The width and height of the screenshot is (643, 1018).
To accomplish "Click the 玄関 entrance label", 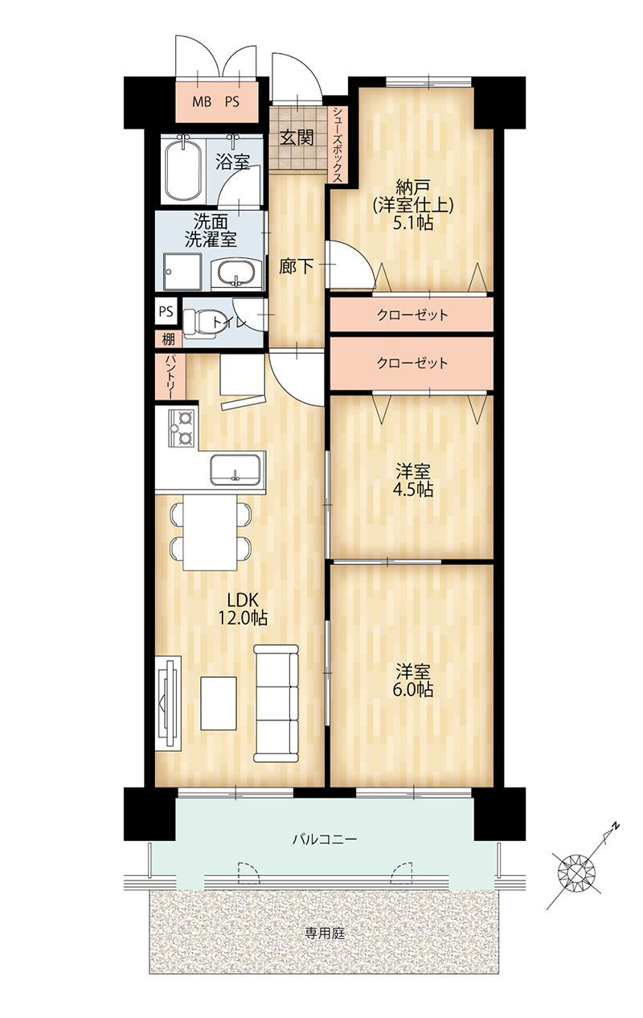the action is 297,138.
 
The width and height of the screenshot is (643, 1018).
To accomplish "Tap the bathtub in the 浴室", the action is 182,170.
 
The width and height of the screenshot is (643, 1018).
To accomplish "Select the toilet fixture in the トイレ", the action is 200,323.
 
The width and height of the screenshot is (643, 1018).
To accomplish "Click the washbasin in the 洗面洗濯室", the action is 236,274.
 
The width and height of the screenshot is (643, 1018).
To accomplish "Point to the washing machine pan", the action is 182,272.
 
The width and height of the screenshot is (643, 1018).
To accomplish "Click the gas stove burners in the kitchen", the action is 182,427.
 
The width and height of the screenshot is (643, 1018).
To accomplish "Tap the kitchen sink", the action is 235,470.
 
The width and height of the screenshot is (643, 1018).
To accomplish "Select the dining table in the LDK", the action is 210,532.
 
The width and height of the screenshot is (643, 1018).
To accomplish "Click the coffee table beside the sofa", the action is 219,703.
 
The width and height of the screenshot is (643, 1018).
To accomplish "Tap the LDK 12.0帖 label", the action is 243,609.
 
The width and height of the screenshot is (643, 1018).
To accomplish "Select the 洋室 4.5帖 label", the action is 413,481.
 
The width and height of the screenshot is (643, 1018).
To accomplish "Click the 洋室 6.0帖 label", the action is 413,680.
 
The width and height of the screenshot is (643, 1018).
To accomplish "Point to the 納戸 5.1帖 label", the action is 413,204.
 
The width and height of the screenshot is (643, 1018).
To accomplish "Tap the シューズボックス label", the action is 338,145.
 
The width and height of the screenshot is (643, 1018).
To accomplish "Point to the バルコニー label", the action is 325,839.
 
